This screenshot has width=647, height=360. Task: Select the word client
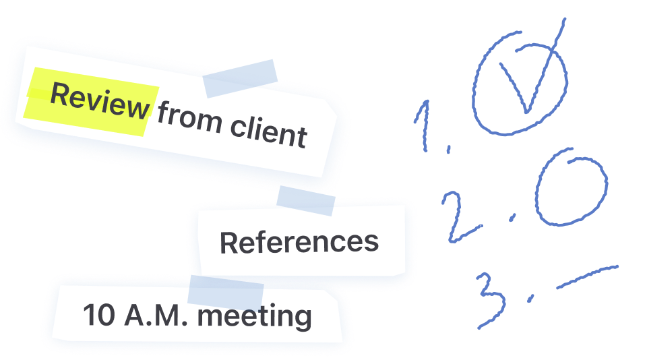coord(268,131)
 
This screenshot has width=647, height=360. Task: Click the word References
coord(299,242)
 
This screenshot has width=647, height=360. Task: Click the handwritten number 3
coord(491,299)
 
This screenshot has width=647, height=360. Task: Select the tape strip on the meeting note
coord(224,295)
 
